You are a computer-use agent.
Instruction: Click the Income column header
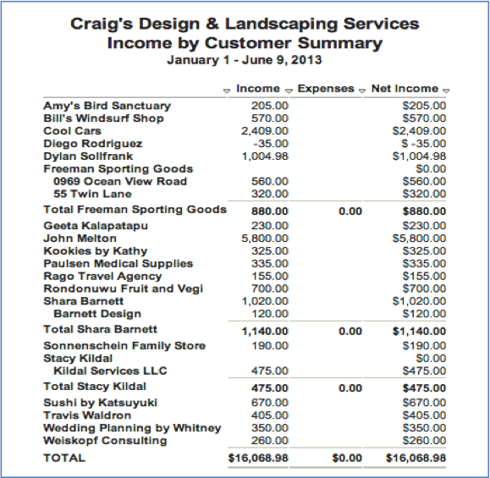258,89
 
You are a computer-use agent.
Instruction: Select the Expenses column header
326,89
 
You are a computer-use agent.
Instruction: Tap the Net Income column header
405,89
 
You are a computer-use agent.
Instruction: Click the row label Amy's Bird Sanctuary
107,106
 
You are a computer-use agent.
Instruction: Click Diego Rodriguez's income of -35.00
273,144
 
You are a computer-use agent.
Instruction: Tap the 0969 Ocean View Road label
119,182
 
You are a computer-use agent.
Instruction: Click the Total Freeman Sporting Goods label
135,210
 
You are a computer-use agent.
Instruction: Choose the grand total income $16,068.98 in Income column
258,458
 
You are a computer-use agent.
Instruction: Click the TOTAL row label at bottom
64,458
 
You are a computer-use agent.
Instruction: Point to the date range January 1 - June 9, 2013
244,61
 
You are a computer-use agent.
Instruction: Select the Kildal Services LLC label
110,371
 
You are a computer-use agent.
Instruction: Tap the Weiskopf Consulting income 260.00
270,441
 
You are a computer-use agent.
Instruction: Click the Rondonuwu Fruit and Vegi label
124,289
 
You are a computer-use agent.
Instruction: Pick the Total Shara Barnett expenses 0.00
350,330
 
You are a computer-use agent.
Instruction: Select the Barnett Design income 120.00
270,314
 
